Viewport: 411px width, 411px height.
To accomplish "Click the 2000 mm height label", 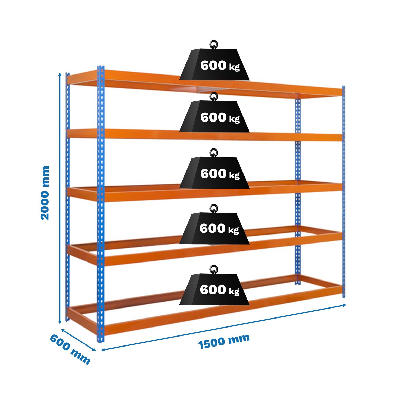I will [45, 193].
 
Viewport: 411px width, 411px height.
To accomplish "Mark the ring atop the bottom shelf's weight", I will [213, 269].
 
